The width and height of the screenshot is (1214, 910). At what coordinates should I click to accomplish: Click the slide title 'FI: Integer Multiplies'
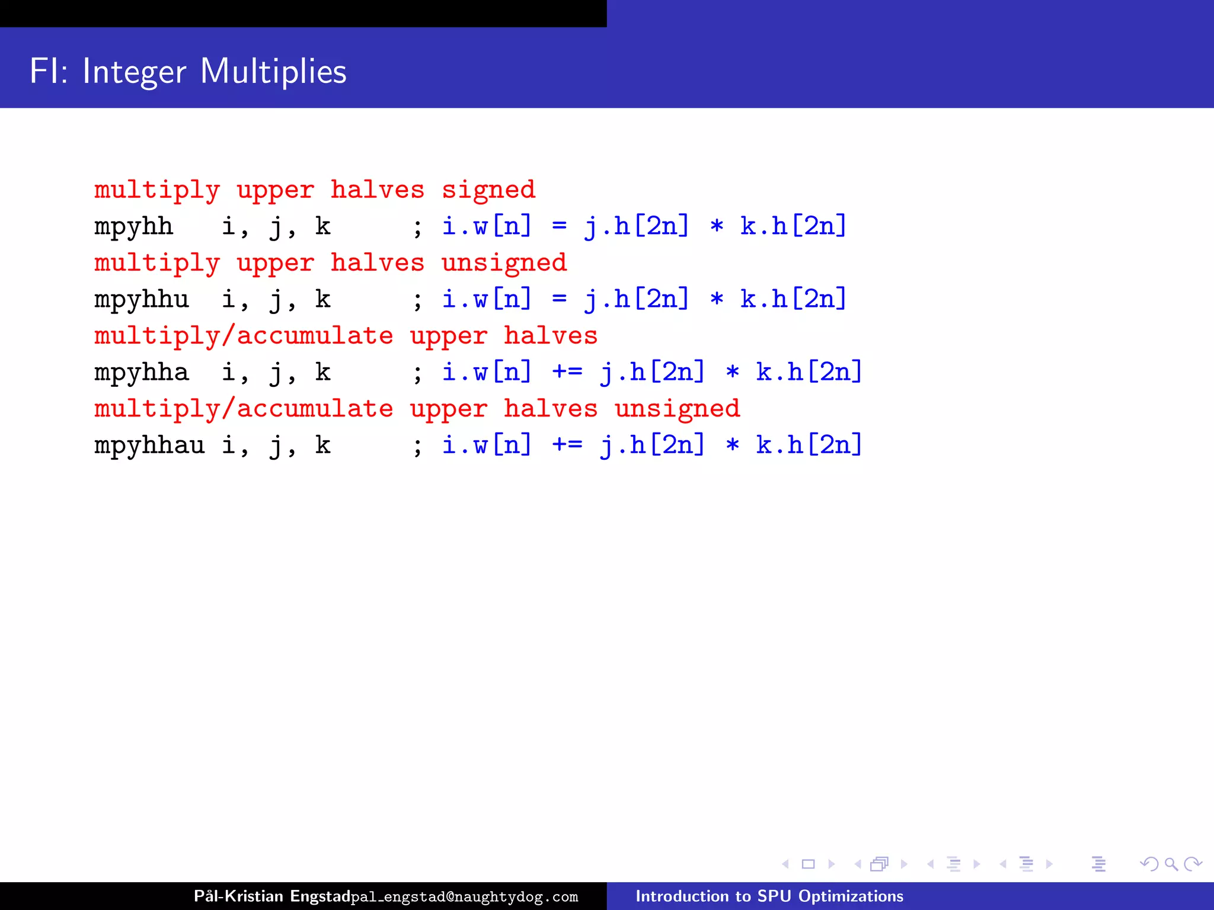point(188,72)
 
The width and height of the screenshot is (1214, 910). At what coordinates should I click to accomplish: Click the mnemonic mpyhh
point(133,227)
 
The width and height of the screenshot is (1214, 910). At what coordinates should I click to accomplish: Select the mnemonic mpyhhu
point(142,300)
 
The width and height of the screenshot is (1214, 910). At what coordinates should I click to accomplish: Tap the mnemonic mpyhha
point(142,373)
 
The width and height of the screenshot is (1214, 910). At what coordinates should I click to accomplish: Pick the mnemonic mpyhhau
point(149,446)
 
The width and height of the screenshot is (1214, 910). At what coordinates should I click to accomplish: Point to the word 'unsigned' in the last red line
point(677,409)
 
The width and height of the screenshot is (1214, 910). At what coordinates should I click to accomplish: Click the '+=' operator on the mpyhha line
point(567,373)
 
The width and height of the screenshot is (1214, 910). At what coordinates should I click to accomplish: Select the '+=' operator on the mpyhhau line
point(567,446)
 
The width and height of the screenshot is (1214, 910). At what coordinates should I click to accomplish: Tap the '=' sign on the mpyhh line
point(559,227)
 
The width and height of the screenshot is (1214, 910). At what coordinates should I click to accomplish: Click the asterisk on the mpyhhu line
point(717,300)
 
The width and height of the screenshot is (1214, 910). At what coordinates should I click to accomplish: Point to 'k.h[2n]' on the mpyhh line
point(793,227)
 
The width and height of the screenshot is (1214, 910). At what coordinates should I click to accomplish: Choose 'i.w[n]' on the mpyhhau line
point(487,446)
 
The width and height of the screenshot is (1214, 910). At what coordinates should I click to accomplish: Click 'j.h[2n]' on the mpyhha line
point(653,373)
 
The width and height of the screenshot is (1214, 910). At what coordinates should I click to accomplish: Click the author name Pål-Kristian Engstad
point(272,896)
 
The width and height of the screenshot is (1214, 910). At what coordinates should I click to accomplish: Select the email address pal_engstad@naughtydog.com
point(464,897)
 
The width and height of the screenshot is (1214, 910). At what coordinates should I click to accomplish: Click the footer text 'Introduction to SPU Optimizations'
point(769,896)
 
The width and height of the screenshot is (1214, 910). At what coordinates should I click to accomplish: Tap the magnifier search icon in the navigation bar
point(1171,864)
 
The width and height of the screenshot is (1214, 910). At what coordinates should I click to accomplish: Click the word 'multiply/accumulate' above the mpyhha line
point(244,337)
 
